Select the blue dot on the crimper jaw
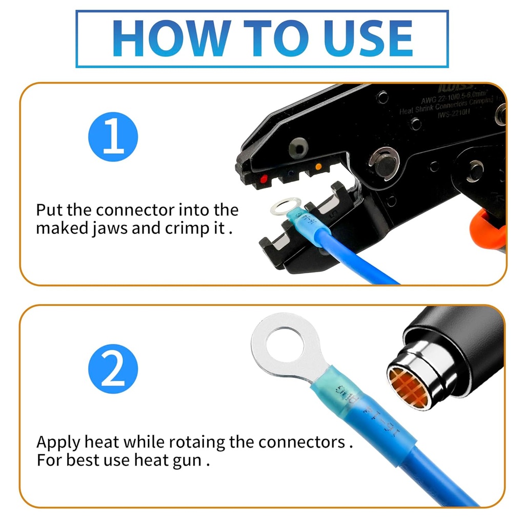click(x=291, y=173)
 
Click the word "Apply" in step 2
click(x=58, y=442)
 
